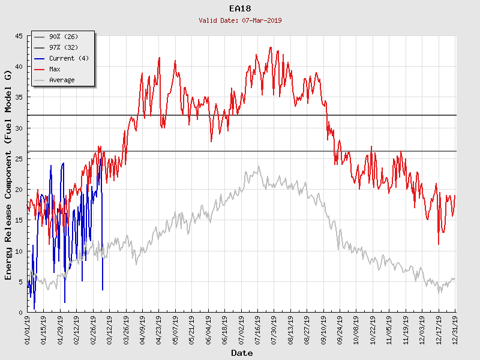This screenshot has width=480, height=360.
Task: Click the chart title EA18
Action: [x=240, y=9]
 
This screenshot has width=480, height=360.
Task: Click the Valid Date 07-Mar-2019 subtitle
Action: [x=240, y=20]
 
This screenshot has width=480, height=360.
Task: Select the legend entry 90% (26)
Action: [x=64, y=37]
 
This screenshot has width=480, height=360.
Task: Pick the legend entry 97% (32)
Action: [x=64, y=48]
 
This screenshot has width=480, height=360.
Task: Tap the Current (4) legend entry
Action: [x=70, y=59]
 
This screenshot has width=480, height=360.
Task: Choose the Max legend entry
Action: [x=55, y=70]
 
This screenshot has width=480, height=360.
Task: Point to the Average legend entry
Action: [x=62, y=80]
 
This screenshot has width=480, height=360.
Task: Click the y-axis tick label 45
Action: [x=19, y=37]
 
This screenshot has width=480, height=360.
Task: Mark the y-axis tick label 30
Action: [x=19, y=128]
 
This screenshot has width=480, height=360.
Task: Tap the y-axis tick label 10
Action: [x=19, y=251]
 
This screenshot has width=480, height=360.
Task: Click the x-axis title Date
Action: [x=242, y=353]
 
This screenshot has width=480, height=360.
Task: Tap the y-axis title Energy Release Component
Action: [x=8, y=175]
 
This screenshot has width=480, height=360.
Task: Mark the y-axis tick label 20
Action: [x=19, y=190]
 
